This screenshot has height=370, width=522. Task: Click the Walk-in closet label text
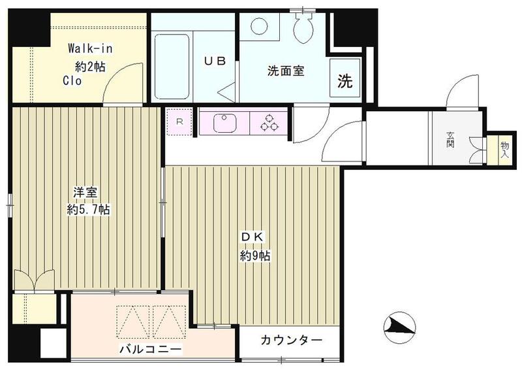click(x=89, y=48)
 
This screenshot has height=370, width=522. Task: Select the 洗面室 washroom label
click(x=285, y=71)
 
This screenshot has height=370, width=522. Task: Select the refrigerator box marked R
click(x=179, y=121)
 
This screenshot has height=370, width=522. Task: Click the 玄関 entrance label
click(x=450, y=139)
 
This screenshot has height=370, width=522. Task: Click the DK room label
click(x=254, y=237)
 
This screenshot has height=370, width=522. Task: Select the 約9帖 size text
click(x=254, y=256)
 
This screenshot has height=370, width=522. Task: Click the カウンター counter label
click(x=291, y=341)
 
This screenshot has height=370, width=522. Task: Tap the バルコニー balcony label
click(x=150, y=350)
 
